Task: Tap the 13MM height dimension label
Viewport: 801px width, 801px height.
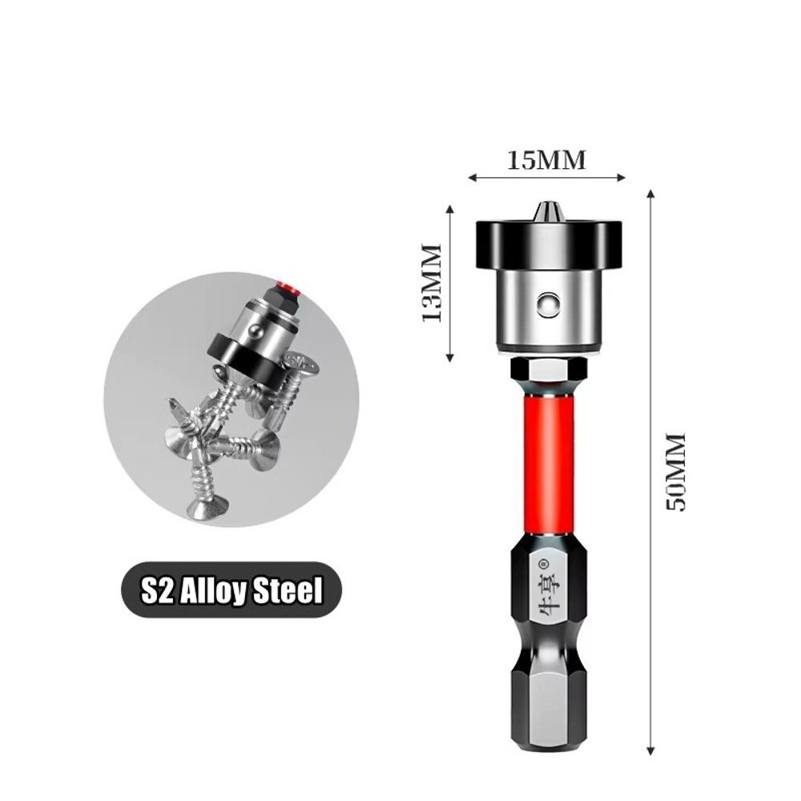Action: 432,282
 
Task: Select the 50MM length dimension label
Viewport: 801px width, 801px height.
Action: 678,473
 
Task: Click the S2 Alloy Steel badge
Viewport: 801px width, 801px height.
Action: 231,591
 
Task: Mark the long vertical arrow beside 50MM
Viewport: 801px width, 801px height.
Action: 651,473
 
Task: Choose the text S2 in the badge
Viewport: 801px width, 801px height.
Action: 155,591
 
